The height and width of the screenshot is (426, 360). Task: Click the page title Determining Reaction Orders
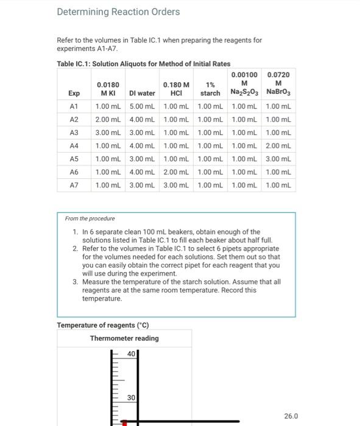point(118,12)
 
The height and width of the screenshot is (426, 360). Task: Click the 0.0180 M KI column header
point(108,89)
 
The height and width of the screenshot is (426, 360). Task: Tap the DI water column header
point(142,93)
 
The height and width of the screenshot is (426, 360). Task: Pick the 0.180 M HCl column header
point(176,89)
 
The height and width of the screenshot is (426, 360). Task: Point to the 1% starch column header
point(210,89)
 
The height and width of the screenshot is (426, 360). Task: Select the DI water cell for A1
point(142,106)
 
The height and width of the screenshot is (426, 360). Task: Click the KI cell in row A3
point(108,133)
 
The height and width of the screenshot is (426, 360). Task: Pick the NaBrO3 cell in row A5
point(278,159)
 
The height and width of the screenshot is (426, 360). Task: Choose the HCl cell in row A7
point(176,185)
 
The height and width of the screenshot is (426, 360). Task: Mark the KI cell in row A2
point(108,120)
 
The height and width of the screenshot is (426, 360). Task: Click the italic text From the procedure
point(90,218)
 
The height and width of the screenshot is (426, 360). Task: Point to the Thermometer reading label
point(124,338)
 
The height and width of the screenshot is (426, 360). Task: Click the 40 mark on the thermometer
point(131,354)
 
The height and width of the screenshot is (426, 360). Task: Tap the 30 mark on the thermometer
point(131,397)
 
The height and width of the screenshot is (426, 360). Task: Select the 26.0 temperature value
point(291,416)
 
